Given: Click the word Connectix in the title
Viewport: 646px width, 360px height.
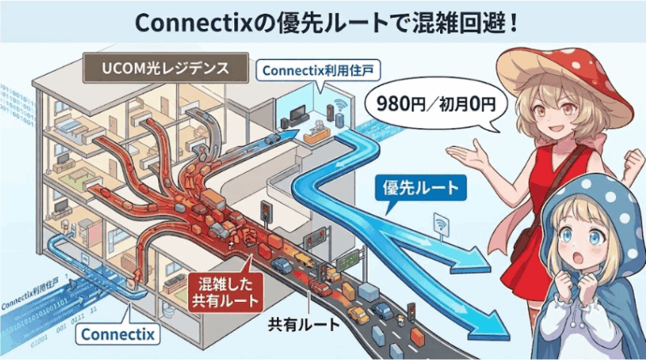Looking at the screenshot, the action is tap(193, 23).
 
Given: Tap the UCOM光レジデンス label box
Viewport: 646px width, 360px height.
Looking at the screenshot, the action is tap(166, 68).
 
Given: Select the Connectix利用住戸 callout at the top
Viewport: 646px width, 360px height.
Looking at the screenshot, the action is tap(317, 71).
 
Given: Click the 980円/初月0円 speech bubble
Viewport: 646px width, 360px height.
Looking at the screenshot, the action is tap(436, 104).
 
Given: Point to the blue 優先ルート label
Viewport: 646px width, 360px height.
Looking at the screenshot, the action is tap(421, 188).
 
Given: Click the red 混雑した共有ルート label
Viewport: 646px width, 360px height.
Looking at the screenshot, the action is tap(225, 292).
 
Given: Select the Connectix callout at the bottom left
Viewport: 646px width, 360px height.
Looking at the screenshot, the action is tap(118, 333).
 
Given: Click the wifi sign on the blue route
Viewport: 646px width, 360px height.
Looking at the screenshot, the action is tap(441, 225).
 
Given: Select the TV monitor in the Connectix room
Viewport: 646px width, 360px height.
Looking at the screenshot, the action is tap(297, 113).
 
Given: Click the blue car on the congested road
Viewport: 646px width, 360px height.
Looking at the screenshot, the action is tap(281, 266).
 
